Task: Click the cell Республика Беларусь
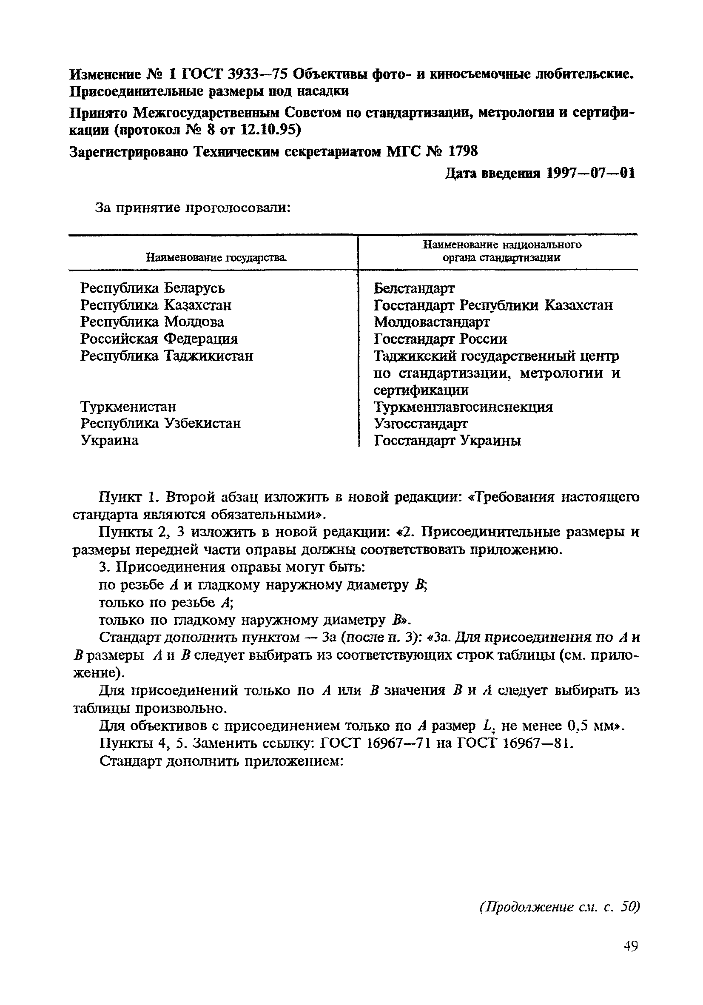(152, 288)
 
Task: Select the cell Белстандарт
(414, 288)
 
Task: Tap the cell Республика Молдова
(152, 322)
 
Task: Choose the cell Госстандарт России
(440, 339)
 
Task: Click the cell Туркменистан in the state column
(128, 407)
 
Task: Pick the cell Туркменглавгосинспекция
(463, 407)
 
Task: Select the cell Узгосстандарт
(420, 424)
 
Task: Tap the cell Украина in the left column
(109, 440)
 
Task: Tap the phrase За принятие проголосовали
(193, 208)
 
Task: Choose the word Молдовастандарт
(432, 322)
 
